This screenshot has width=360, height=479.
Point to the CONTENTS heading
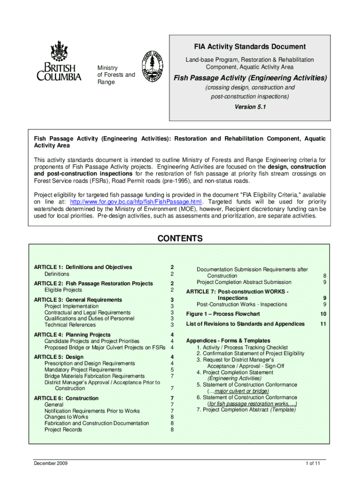coord(180,239)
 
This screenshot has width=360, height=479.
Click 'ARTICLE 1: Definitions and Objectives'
coord(83,268)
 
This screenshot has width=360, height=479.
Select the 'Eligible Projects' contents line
coord(63,290)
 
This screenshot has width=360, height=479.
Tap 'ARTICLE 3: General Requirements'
coord(78,300)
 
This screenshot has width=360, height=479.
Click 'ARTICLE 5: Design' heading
coord(59,357)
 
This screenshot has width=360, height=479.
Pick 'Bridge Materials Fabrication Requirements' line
coord(94,376)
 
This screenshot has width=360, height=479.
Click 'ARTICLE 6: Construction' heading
coord(66,399)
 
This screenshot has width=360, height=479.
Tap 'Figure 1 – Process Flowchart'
coord(223,314)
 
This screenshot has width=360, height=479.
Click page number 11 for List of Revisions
coord(323,324)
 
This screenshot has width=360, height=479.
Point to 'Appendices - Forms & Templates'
coord(228,341)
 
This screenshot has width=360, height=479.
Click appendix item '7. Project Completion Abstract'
coord(246,410)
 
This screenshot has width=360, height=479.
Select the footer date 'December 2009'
coord(51,464)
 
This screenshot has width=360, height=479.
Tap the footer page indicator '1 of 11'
coord(312,464)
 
